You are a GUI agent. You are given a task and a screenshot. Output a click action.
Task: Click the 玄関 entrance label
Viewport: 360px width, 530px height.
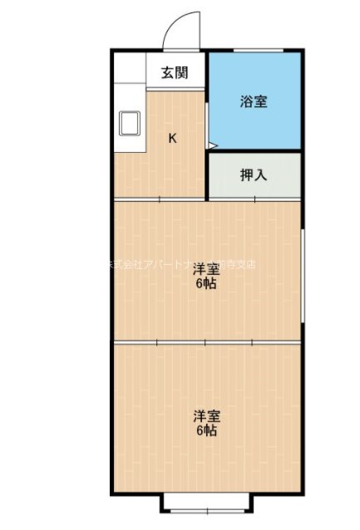pos(174,72)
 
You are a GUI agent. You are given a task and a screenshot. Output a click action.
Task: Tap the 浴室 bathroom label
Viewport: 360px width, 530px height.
pos(254,102)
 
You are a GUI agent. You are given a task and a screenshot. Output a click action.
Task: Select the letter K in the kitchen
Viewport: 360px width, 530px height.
pos(172,139)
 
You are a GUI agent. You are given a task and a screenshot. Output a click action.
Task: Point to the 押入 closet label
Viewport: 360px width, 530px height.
pos(254,175)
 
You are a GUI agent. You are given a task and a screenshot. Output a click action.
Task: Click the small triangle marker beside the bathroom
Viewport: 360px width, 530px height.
pos(212,147)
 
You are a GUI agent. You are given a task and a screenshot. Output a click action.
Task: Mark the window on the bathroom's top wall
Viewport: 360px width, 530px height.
pos(254,52)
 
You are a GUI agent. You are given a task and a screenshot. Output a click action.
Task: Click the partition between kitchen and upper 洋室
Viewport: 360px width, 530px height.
pos(160,200)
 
